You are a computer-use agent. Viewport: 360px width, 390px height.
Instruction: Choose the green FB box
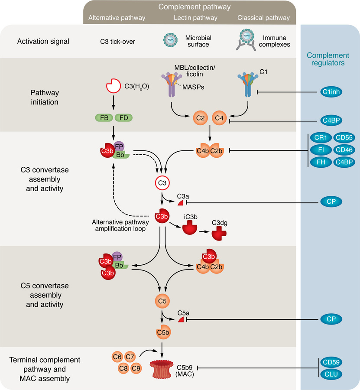click(104, 117)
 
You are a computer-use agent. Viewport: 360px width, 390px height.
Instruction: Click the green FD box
click(123, 117)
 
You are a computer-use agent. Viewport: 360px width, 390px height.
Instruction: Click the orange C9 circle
click(136, 368)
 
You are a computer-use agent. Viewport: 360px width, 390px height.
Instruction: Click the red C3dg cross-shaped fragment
click(219, 234)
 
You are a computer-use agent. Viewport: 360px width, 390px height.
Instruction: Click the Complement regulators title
click(328, 59)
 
